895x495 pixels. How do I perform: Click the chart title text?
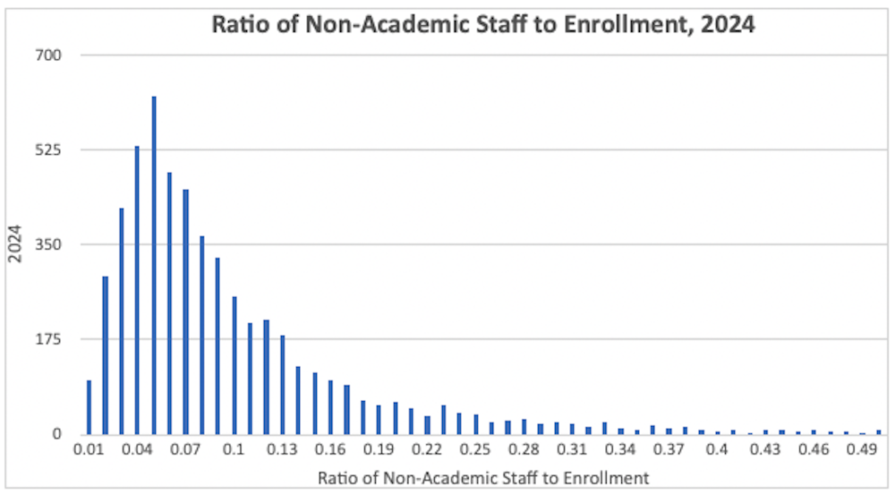483,24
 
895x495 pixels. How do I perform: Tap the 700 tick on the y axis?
47,55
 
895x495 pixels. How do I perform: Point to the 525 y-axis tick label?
47,149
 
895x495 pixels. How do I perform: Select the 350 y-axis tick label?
47,244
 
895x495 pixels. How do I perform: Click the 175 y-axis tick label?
47,339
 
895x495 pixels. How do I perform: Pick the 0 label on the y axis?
55,434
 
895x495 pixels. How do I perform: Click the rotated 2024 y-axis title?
14,244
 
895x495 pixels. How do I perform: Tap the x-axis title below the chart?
483,478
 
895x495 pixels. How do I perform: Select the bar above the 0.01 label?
89,407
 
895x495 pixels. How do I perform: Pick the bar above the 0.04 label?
137,290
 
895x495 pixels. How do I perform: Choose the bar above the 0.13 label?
283,385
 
